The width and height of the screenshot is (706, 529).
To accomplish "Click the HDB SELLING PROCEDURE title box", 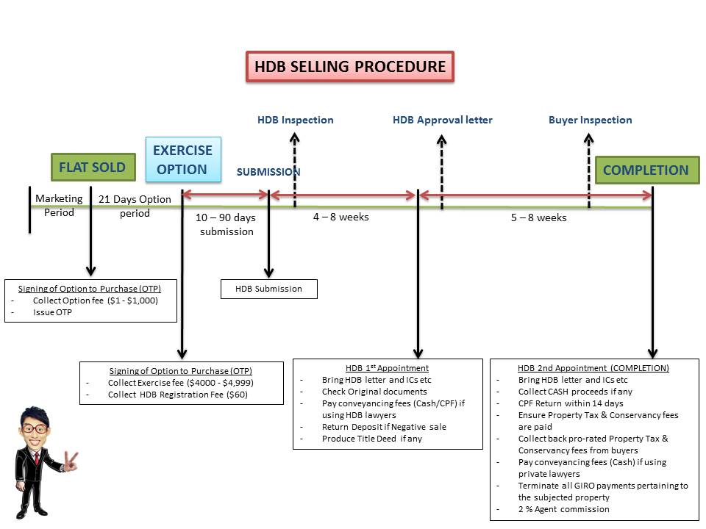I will click(x=349, y=67).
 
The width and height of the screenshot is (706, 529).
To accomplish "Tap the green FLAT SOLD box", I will click(x=93, y=168).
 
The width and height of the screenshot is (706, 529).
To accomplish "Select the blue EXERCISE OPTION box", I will click(x=182, y=159).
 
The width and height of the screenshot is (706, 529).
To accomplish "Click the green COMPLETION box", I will click(x=646, y=170).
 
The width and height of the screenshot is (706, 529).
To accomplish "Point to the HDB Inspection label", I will click(x=295, y=120).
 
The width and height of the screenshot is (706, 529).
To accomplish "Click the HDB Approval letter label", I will click(x=442, y=120).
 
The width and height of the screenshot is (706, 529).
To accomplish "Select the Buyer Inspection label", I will click(x=590, y=120).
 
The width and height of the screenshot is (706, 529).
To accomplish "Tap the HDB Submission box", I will click(x=268, y=289).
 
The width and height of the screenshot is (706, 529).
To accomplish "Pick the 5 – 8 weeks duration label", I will click(x=538, y=218).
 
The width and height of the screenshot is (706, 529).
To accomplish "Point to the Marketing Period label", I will click(x=60, y=206).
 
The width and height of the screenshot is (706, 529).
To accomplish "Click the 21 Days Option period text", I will click(x=135, y=206).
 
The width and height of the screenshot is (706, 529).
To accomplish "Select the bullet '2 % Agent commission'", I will click(x=563, y=509).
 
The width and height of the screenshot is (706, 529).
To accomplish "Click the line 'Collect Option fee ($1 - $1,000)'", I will click(x=95, y=301).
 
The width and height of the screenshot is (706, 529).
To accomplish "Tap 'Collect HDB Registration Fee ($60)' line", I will click(x=177, y=395).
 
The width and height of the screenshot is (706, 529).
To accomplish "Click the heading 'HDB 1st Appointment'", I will click(x=387, y=368).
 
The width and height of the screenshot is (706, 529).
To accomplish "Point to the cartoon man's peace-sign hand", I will click(x=71, y=461).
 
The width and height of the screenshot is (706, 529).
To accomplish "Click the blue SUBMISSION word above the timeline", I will click(x=268, y=172).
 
